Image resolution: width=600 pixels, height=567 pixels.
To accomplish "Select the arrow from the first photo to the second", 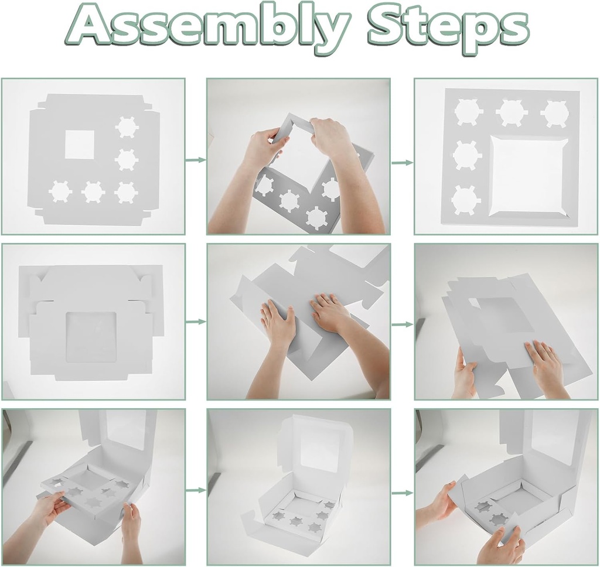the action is pyautogui.click(x=196, y=159).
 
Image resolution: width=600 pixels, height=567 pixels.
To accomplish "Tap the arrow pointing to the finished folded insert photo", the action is pyautogui.click(x=403, y=163).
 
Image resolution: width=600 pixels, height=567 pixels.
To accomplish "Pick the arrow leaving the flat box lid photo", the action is pyautogui.click(x=196, y=322).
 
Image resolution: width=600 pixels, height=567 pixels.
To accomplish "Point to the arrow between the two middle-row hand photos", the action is pyautogui.click(x=403, y=325).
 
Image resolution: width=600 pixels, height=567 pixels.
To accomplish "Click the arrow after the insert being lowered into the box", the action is pyautogui.click(x=196, y=490).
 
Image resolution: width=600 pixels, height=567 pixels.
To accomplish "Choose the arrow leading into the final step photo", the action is pyautogui.click(x=403, y=493).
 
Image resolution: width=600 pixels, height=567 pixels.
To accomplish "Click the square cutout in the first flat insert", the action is pyautogui.click(x=80, y=145).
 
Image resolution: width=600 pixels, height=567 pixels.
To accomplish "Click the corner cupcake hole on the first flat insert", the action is pyautogui.click(x=126, y=192).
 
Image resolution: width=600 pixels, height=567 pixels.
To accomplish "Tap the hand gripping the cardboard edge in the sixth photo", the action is pyautogui.click(x=465, y=378).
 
